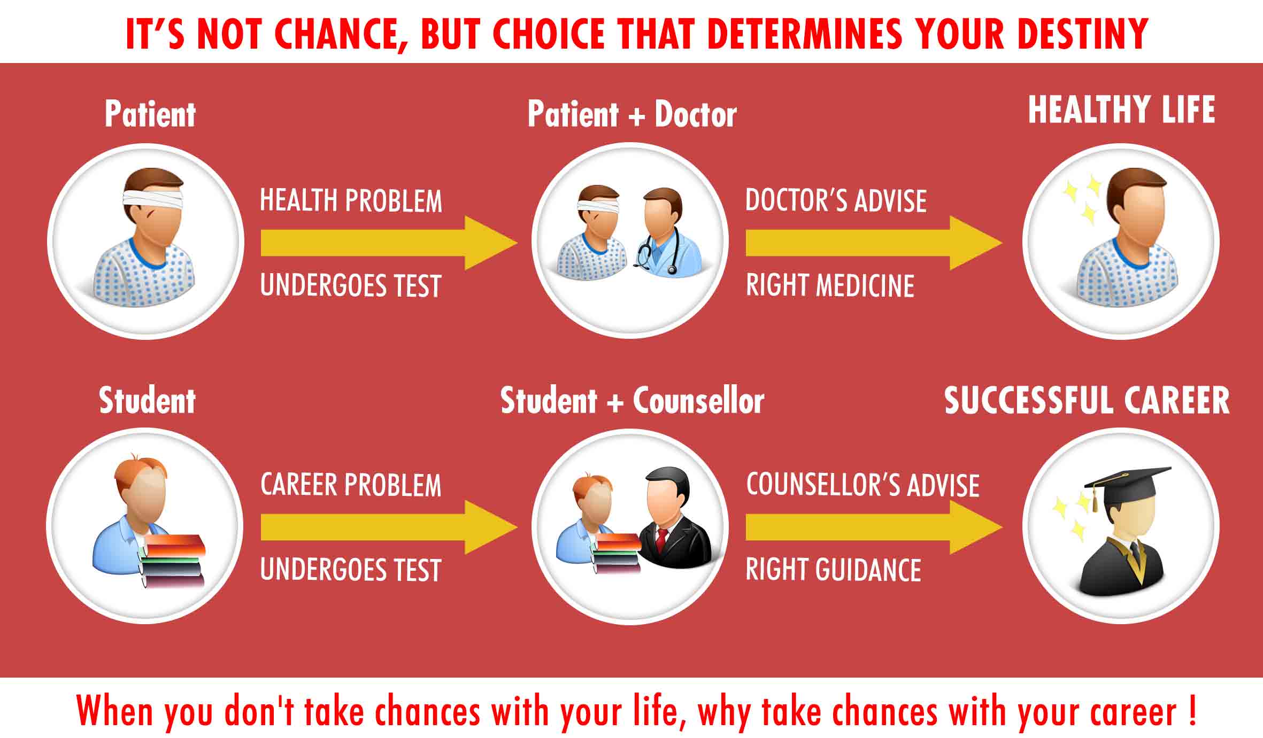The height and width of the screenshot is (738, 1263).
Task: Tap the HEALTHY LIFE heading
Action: (1122, 110)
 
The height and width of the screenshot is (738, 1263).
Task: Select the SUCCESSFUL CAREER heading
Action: (1087, 400)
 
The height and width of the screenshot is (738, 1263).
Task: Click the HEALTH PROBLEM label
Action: (351, 201)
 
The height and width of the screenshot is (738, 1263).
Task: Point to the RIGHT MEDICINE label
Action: (830, 285)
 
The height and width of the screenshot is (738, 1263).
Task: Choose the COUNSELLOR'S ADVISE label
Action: (862, 485)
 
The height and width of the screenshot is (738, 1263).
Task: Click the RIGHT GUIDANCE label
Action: (833, 570)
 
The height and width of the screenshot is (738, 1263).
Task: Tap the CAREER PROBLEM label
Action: (351, 485)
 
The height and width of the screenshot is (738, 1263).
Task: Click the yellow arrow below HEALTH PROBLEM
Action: (389, 243)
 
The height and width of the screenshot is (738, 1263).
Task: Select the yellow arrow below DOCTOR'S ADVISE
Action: (874, 243)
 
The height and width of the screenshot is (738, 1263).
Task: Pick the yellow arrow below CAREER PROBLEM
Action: (389, 527)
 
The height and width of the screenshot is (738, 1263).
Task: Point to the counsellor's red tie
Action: (661, 540)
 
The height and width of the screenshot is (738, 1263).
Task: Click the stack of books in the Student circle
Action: (172, 562)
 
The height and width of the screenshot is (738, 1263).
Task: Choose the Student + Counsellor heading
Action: (632, 401)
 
